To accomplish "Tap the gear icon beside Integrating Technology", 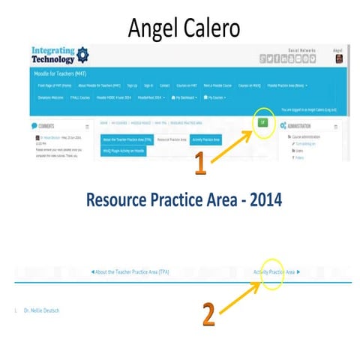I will click(82, 55).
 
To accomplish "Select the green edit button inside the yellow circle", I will click(263, 121).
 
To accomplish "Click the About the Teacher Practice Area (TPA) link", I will click(130, 271).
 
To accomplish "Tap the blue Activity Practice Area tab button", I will click(205, 139).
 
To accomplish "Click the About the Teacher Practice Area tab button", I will click(127, 139).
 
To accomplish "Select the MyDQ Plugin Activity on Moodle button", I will click(124, 151).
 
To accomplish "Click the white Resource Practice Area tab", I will click(172, 139).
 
